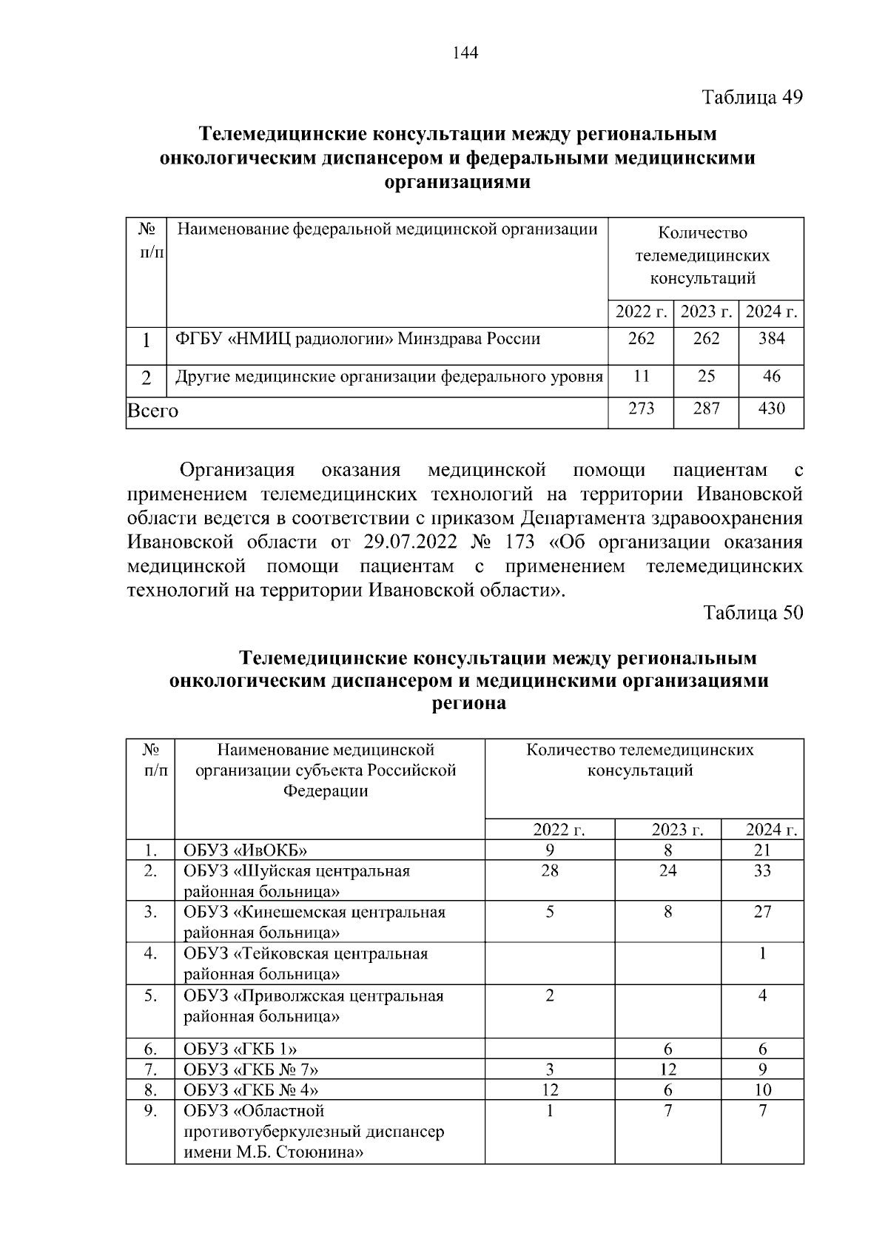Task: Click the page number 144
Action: tap(465, 53)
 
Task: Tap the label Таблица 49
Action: tap(752, 97)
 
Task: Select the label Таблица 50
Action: tap(753, 613)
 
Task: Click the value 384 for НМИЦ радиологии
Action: tap(771, 339)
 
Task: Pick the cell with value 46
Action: tap(771, 376)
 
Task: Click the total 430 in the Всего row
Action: tap(771, 409)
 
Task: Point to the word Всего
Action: tap(153, 410)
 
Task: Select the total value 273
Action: tap(641, 409)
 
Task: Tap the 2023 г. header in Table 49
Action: tap(706, 312)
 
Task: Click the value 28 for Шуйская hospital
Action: tap(550, 870)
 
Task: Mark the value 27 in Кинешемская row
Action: tap(762, 912)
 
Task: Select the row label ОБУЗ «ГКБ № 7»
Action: tap(252, 1069)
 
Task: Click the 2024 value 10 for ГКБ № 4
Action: tap(762, 1090)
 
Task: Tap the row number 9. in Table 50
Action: tap(150, 1111)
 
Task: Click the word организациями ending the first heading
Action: tap(458, 182)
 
